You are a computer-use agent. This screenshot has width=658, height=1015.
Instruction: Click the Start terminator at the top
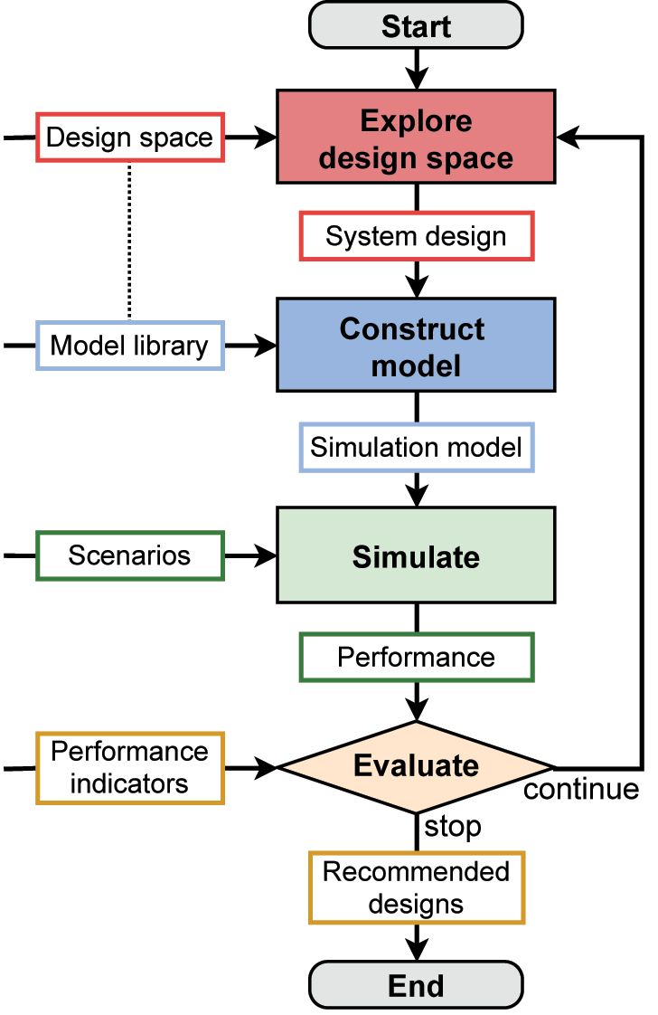pos(416,25)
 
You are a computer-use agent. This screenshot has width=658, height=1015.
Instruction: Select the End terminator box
pos(416,984)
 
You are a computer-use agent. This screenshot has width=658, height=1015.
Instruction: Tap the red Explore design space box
pos(416,139)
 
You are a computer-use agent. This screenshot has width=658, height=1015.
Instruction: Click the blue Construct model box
pos(416,346)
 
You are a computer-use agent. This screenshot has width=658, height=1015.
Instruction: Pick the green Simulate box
pos(416,555)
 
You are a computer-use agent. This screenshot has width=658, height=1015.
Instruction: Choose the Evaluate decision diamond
pos(416,766)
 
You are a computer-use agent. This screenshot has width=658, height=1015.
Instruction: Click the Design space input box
pos(129,138)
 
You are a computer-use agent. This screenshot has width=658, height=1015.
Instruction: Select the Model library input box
pos(129,345)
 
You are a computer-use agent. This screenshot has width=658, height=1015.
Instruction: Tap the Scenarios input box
pos(129,555)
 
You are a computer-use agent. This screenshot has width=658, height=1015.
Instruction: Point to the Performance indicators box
pos(129,767)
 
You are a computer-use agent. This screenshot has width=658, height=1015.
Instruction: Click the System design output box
pos(416,237)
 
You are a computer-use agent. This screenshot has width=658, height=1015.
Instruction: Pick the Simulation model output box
pos(416,447)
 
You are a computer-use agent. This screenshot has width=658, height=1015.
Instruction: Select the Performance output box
pos(416,657)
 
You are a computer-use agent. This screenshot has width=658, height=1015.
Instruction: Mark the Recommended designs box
pos(416,887)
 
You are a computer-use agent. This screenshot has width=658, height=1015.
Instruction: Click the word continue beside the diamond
pos(581,790)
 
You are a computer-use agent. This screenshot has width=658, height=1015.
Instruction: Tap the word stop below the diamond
pos(452,826)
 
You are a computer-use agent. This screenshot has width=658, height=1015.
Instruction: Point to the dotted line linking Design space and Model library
pos(129,241)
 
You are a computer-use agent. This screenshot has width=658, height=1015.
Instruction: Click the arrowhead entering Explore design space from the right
pos(567,138)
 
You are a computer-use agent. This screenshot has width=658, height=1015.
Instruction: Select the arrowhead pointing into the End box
pos(416,950)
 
